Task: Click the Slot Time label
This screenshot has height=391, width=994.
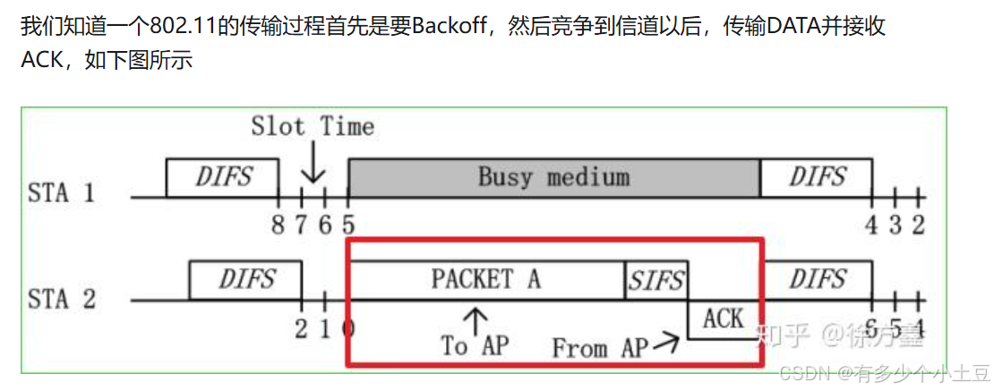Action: [x=313, y=126]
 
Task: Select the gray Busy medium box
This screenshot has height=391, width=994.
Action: [x=553, y=177]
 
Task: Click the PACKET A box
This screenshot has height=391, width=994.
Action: [x=486, y=279]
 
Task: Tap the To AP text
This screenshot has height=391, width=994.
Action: [x=474, y=345]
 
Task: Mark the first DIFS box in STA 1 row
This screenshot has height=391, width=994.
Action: [x=222, y=177]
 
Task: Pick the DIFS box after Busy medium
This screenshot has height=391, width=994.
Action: [x=816, y=177]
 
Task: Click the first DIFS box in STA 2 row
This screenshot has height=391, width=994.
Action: [x=245, y=280]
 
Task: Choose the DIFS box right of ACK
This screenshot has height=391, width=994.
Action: [x=816, y=280]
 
